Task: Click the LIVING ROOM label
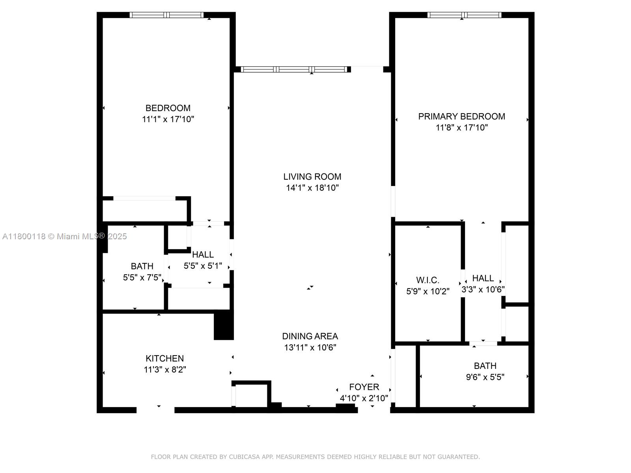pyautogui.click(x=312, y=177)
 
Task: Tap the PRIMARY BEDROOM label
pyautogui.click(x=461, y=116)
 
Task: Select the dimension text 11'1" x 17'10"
pyautogui.click(x=168, y=119)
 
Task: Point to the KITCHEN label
pyautogui.click(x=164, y=358)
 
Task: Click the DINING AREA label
pyautogui.click(x=310, y=336)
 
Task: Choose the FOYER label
pyautogui.click(x=364, y=387)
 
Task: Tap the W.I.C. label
pyautogui.click(x=428, y=280)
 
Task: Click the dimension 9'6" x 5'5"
pyautogui.click(x=485, y=377)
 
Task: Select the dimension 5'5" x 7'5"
pyautogui.click(x=142, y=277)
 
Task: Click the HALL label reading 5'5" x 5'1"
pyautogui.click(x=203, y=255)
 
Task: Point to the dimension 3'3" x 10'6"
pyautogui.click(x=483, y=289)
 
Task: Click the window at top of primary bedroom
pyautogui.click(x=464, y=15)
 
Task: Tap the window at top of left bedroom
pyautogui.click(x=166, y=15)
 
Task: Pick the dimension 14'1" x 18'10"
pyautogui.click(x=312, y=188)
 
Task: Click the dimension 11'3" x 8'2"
pyautogui.click(x=164, y=369)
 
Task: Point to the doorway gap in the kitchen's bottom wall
pyautogui.click(x=155, y=410)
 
